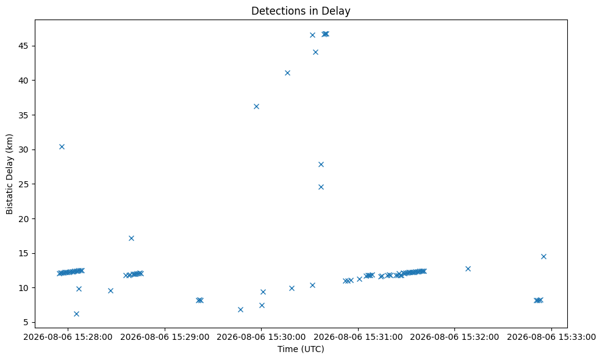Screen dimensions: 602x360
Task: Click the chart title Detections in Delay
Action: pyautogui.click(x=301, y=11)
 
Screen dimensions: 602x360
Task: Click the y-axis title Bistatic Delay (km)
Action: pyautogui.click(x=9, y=174)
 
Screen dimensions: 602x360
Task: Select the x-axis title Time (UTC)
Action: pyautogui.click(x=301, y=349)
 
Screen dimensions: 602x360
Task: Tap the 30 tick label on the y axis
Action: pyautogui.click(x=26, y=149)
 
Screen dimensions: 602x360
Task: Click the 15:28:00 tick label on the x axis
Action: pyautogui.click(x=68, y=337)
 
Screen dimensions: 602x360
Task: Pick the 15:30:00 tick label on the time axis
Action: pyautogui.click(x=262, y=337)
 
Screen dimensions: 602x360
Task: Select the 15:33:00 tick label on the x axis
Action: pyautogui.click(x=551, y=337)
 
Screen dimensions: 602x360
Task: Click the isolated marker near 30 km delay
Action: pyautogui.click(x=62, y=147)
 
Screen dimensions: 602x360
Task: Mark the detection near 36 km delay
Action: pyautogui.click(x=256, y=106)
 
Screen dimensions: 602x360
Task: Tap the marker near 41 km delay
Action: pyautogui.click(x=287, y=73)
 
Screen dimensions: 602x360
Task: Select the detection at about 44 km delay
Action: pyautogui.click(x=315, y=52)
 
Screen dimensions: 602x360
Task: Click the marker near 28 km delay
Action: pyautogui.click(x=321, y=164)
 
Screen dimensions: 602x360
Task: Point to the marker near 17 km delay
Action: pyautogui.click(x=131, y=238)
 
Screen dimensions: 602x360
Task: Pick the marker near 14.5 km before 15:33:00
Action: pyautogui.click(x=543, y=257)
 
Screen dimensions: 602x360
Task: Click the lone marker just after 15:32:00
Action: pyautogui.click(x=468, y=269)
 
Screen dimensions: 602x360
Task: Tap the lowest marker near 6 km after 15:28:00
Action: pyautogui.click(x=76, y=314)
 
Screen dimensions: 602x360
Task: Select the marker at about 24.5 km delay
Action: pyautogui.click(x=321, y=187)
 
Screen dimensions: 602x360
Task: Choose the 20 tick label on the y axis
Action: pyautogui.click(x=26, y=218)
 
